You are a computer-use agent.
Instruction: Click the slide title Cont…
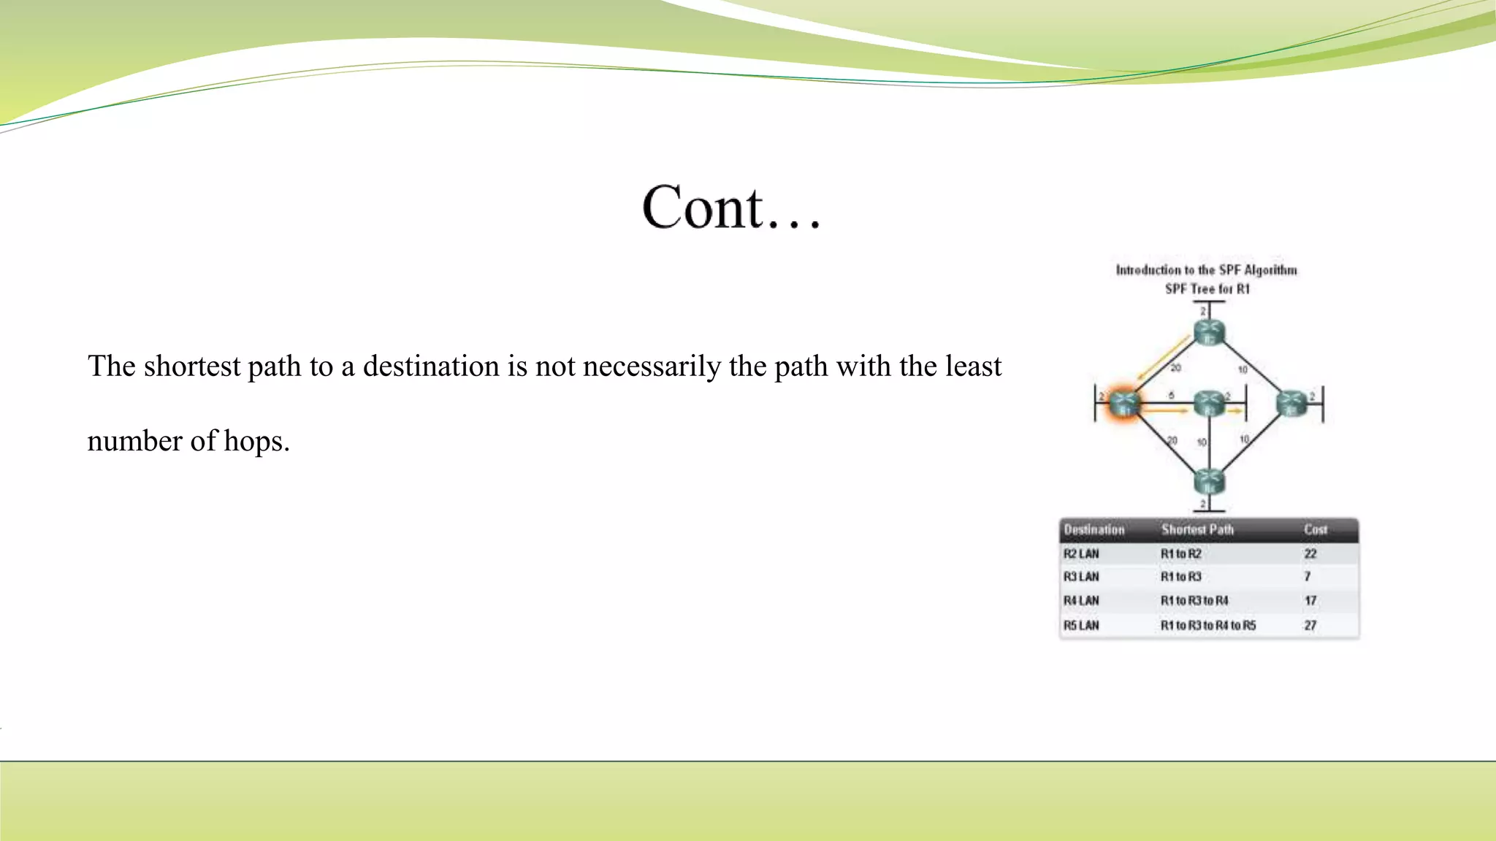tap(731, 207)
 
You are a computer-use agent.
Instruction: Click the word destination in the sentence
tap(430, 366)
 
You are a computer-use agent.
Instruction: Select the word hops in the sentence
tap(256, 442)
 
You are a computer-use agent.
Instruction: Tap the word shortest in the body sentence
tap(191, 366)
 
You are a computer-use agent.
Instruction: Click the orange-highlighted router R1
tap(1123, 404)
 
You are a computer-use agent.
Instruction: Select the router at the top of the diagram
tap(1209, 332)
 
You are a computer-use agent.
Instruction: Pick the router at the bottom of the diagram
tap(1209, 482)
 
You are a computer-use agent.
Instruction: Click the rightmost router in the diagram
tap(1291, 403)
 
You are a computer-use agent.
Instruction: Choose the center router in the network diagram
tap(1209, 403)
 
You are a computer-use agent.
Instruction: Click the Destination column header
tap(1094, 530)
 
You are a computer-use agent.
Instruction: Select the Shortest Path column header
tap(1197, 530)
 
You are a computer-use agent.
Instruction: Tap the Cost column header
tap(1316, 530)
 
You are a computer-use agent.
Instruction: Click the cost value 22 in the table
tap(1310, 554)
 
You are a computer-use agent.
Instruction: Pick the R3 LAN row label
tap(1081, 577)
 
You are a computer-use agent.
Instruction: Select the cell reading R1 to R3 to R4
tap(1194, 601)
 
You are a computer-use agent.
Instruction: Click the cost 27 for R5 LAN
tap(1310, 626)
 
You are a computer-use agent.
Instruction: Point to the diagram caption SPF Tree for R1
tap(1207, 289)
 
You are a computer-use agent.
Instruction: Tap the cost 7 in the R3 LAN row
tap(1308, 577)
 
